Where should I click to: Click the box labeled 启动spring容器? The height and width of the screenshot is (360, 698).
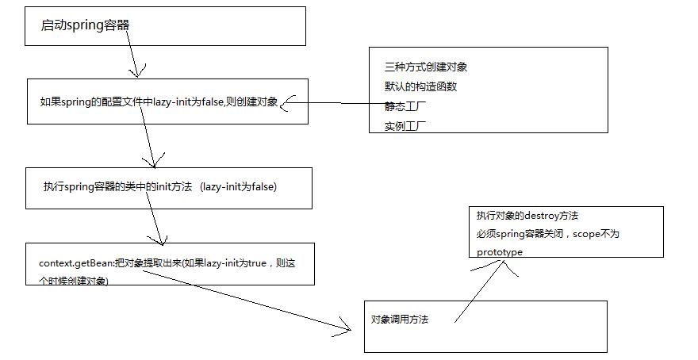pyautogui.click(x=165, y=26)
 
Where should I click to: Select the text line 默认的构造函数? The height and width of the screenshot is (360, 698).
pyautogui.click(x=420, y=86)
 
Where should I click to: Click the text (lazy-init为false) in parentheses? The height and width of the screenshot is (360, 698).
pyautogui.click(x=238, y=187)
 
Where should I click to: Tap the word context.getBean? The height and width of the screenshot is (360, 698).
pyautogui.click(x=73, y=262)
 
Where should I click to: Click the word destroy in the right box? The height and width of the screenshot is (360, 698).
pyautogui.click(x=548, y=216)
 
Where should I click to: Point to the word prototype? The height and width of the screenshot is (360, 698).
pyautogui.click(x=500, y=252)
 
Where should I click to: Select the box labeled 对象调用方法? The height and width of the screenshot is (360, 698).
pyautogui.click(x=485, y=326)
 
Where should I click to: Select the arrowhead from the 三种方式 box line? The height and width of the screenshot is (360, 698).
pyautogui.click(x=286, y=103)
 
